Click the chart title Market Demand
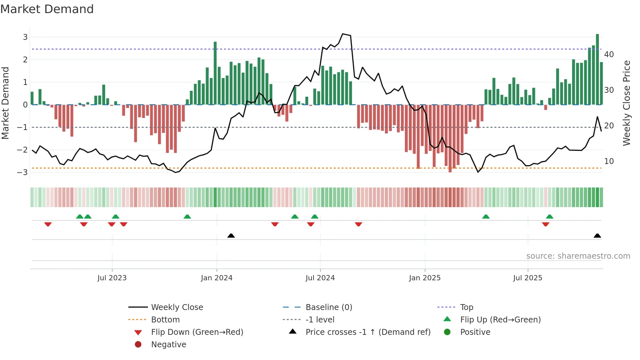(47, 9)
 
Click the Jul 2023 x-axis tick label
(112, 278)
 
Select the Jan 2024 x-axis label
(216, 278)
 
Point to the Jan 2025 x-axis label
(424, 278)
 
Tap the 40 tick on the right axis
(609, 55)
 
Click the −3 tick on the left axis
(23, 172)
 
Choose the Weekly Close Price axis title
(626, 103)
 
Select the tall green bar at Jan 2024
(215, 73)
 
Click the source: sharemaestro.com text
(578, 256)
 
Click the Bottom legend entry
(165, 320)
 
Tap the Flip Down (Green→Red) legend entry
(197, 332)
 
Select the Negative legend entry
(168, 345)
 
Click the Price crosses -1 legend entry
(368, 332)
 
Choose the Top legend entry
(466, 307)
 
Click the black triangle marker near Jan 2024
(231, 236)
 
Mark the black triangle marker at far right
(597, 236)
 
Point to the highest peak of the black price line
(343, 34)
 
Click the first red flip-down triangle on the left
(48, 224)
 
